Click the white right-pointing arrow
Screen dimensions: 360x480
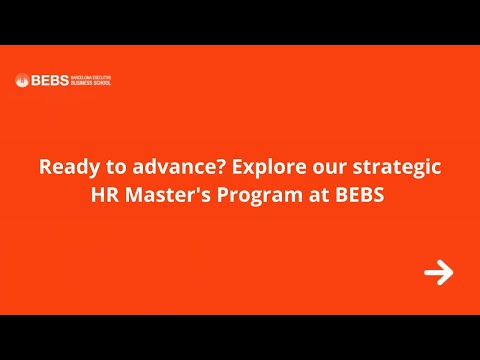[x=438, y=272]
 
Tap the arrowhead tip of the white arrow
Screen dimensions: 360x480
[x=452, y=272]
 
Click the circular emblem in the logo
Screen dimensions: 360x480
[x=21, y=80]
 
